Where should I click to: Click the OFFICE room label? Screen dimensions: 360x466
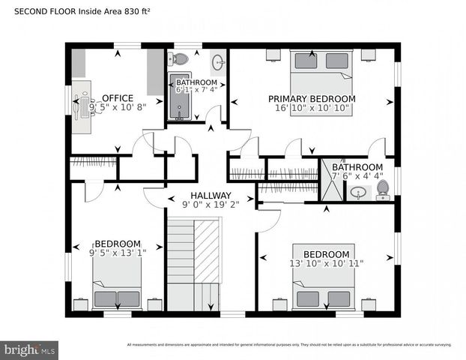click(118, 98)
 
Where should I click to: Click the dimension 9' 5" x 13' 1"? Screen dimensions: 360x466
click(117, 253)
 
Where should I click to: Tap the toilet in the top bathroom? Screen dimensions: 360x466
click(181, 59)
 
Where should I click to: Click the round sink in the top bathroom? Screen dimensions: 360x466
click(217, 61)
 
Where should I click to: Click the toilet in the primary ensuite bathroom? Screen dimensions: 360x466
click(383, 189)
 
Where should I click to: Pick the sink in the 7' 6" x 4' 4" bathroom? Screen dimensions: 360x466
click(358, 193)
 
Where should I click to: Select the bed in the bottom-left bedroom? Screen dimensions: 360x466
click(117, 292)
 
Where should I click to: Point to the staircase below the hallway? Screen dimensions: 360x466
click(193, 262)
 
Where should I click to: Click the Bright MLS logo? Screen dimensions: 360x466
click(30, 349)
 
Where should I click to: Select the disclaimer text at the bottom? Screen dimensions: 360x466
click(289, 345)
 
